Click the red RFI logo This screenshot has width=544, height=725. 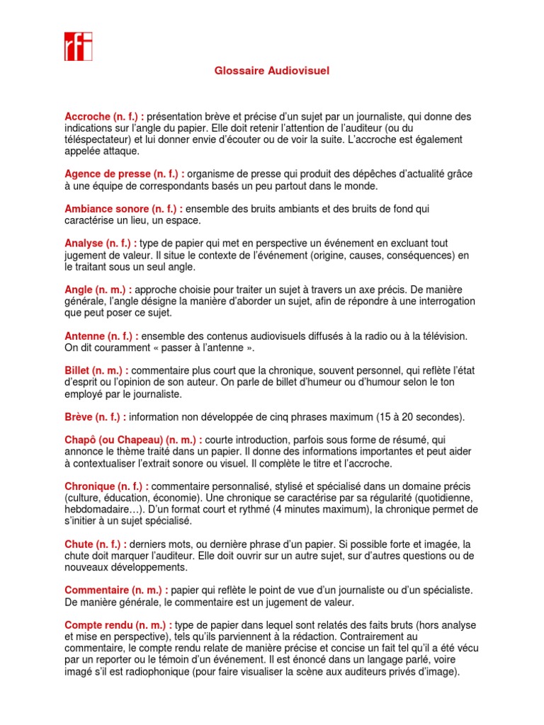(x=78, y=46)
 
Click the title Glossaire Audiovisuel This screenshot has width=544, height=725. (x=272, y=71)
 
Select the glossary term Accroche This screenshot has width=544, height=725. (x=87, y=116)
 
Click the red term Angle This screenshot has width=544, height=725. (x=78, y=290)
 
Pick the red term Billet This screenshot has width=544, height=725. (x=78, y=370)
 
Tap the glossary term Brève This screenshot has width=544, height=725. (x=79, y=417)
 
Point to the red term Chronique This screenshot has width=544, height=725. (x=89, y=486)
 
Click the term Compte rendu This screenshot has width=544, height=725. (x=101, y=625)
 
